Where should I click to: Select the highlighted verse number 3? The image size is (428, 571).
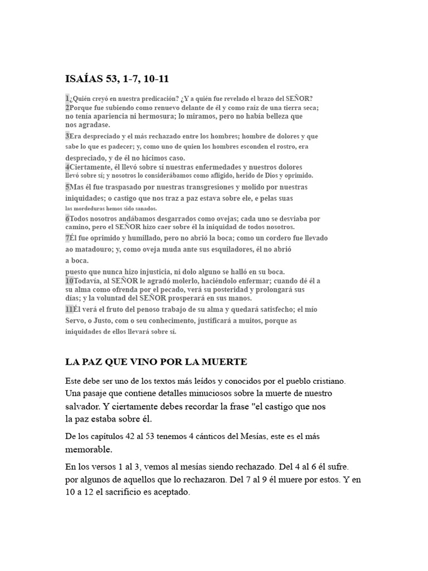pyautogui.click(x=67, y=136)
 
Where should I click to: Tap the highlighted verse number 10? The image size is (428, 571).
pyautogui.click(x=70, y=280)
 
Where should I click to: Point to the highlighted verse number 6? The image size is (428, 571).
pyautogui.click(x=67, y=219)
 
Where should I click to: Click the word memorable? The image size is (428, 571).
pyautogui.click(x=89, y=449)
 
